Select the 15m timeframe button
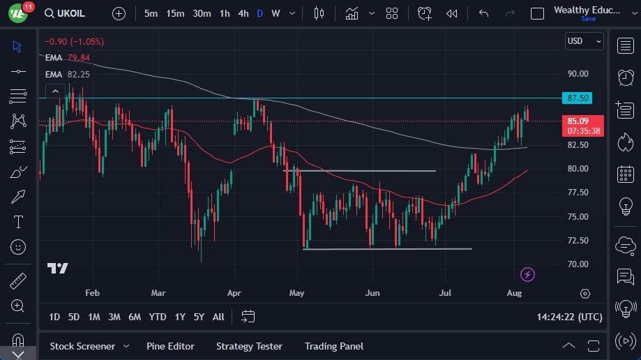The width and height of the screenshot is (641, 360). [175, 13]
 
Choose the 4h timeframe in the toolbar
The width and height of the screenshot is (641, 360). [243, 13]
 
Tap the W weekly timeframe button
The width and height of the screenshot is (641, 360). [276, 13]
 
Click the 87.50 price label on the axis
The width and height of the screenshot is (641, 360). [578, 98]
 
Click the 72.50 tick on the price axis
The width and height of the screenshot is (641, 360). [578, 240]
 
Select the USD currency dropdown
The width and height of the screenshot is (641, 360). [584, 41]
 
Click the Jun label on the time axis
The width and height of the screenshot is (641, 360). [372, 293]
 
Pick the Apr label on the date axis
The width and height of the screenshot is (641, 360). [234, 293]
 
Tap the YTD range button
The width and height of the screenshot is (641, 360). [158, 317]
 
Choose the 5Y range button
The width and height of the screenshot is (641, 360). [199, 317]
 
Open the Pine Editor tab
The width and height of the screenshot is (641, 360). [170, 346]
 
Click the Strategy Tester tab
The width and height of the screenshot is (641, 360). [249, 346]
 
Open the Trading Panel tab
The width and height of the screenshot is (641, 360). [333, 346]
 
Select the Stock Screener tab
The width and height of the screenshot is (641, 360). [82, 346]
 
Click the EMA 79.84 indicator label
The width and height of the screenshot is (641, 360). [67, 58]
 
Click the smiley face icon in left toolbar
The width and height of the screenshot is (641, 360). [18, 246]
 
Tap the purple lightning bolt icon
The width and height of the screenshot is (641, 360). [528, 274]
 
